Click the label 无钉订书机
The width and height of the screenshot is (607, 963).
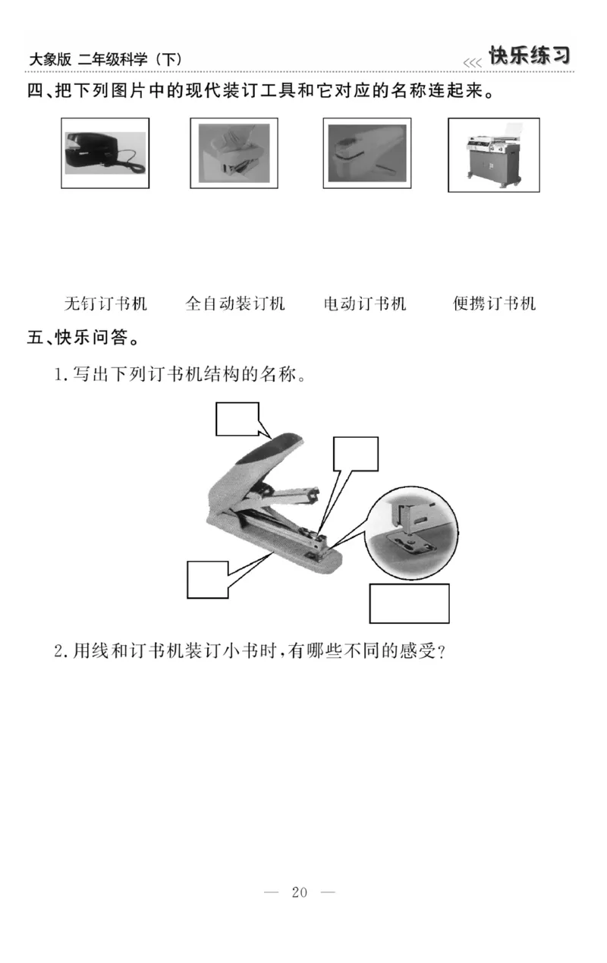105,304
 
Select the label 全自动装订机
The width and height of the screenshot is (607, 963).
235,304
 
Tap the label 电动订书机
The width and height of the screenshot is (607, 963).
365,304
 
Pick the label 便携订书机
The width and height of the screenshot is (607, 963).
494,304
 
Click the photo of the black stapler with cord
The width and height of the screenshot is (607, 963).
105,153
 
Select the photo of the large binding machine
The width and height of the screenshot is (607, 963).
494,155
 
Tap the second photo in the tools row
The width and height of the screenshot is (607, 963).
234,153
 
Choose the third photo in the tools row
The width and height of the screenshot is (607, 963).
367,153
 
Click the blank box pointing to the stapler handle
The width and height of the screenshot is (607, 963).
237,419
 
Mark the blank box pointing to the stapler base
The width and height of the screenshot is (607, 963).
208,580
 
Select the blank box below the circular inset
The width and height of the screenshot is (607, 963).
410,603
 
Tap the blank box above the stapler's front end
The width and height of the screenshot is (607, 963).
356,453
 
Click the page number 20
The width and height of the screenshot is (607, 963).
299,892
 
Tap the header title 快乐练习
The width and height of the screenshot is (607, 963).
529,56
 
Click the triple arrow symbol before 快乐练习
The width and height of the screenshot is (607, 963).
472,62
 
